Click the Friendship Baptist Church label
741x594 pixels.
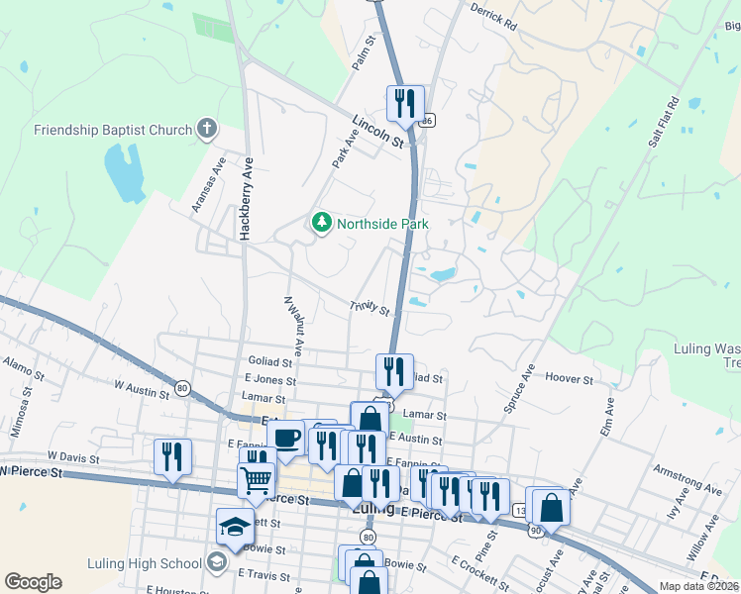click(112, 130)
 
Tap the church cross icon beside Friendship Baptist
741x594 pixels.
click(206, 129)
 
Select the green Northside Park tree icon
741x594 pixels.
click(321, 223)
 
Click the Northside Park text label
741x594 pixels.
click(382, 224)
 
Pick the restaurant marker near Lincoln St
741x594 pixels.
click(405, 103)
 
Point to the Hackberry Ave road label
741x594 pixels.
click(245, 198)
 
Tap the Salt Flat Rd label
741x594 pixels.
click(663, 123)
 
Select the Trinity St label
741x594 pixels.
click(369, 310)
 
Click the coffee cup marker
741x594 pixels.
click(285, 438)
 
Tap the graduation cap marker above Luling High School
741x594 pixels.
click(235, 527)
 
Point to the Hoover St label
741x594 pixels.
click(569, 379)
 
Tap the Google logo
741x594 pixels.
click(33, 582)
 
